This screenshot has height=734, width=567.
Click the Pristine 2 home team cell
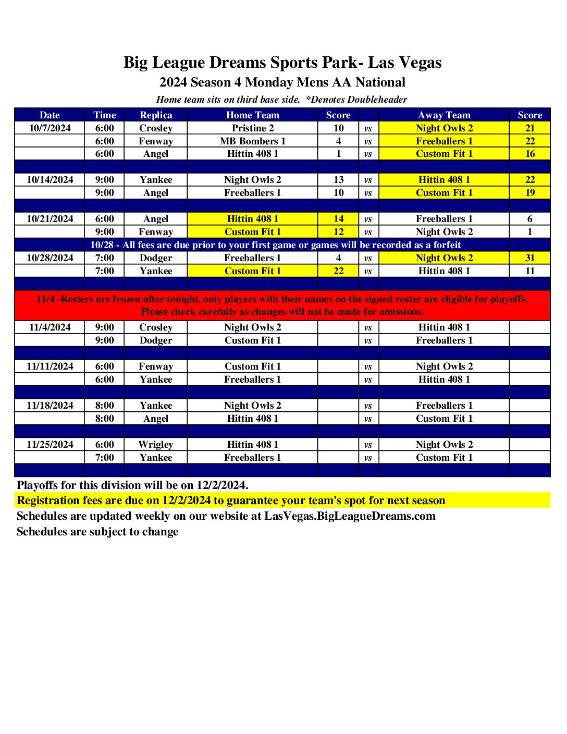pyautogui.click(x=252, y=128)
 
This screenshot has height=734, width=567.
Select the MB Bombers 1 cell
pyautogui.click(x=252, y=141)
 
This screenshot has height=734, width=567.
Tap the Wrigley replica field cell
pyautogui.click(x=155, y=445)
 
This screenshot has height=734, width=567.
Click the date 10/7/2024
pyautogui.click(x=50, y=128)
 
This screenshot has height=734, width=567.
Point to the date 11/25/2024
pyautogui.click(x=50, y=445)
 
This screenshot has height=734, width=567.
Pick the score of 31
pyautogui.click(x=529, y=258)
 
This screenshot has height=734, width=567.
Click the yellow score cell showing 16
pyautogui.click(x=529, y=154)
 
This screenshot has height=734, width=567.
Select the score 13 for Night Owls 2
pyautogui.click(x=338, y=180)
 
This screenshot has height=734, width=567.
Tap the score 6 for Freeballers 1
pyautogui.click(x=529, y=219)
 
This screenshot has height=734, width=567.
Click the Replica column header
pyautogui.click(x=155, y=115)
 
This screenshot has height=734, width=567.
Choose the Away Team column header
pyautogui.click(x=443, y=115)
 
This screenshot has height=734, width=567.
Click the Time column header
pyautogui.click(x=104, y=115)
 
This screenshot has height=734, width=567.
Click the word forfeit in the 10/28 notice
pyautogui.click(x=447, y=245)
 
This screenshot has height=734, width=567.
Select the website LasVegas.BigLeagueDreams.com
pyautogui.click(x=350, y=516)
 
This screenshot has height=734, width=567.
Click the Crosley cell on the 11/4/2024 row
pyautogui.click(x=155, y=327)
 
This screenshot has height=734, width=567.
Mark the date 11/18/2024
pyautogui.click(x=50, y=406)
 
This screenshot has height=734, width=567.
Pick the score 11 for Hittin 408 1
pyautogui.click(x=529, y=271)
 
